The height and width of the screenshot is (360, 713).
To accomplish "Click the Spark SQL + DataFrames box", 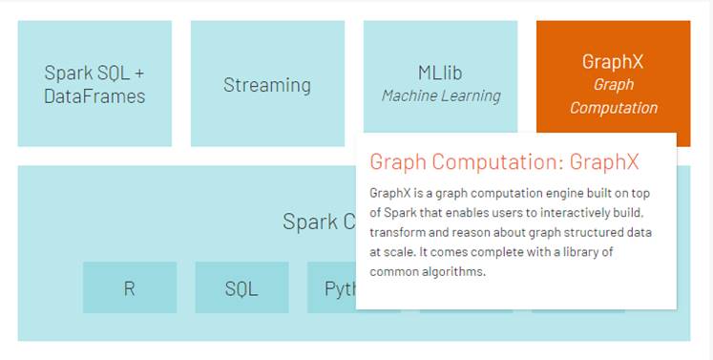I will [x=94, y=84].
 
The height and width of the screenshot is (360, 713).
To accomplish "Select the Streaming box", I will [x=267, y=85].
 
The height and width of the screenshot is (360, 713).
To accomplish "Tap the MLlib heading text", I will [x=440, y=74].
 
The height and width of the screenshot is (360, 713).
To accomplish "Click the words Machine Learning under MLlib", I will [x=440, y=95].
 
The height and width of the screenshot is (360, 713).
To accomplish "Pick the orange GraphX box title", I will [x=613, y=62].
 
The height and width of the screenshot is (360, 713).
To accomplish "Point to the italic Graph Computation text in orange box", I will [x=613, y=95].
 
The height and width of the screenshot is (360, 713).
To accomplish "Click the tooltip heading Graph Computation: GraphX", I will [x=504, y=160].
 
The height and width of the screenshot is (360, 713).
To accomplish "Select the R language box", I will [x=129, y=287].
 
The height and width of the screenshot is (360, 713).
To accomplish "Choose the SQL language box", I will [x=241, y=287].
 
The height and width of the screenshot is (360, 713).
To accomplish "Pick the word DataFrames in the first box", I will [x=94, y=95].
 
